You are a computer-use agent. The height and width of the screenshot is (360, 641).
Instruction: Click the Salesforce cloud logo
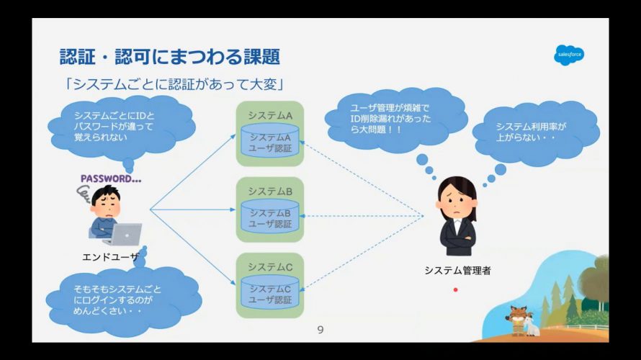pyautogui.click(x=569, y=55)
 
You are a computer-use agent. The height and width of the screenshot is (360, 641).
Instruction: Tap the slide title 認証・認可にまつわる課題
pyautogui.click(x=170, y=56)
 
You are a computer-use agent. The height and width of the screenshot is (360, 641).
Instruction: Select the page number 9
pyautogui.click(x=320, y=330)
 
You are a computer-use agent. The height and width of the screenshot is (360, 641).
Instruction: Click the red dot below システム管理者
pyautogui.click(x=455, y=289)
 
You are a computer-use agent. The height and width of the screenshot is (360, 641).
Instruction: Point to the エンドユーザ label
pyautogui.click(x=110, y=257)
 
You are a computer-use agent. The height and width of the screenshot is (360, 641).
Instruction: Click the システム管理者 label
pyautogui.click(x=457, y=271)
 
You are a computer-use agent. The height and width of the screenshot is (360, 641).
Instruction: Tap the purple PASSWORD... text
pyautogui.click(x=111, y=179)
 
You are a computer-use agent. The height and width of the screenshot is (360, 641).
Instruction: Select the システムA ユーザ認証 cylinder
pyautogui.click(x=270, y=140)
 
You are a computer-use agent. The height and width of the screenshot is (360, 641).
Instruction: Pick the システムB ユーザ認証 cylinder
pyautogui.click(x=270, y=216)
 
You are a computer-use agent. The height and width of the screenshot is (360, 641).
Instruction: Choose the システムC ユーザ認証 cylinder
pyautogui.click(x=270, y=292)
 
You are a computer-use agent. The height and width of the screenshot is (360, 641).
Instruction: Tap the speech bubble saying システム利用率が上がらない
pyautogui.click(x=536, y=132)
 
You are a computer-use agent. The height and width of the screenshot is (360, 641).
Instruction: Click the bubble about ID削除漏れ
pyautogui.click(x=395, y=120)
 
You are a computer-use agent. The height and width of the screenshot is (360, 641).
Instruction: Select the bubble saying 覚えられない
pyautogui.click(x=122, y=127)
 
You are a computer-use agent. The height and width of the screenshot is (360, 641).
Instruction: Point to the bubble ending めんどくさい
pyautogui.click(x=123, y=301)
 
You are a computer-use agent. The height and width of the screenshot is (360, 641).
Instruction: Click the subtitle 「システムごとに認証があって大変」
pyautogui.click(x=174, y=84)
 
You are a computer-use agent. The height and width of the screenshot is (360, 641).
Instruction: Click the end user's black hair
pyautogui.click(x=105, y=194)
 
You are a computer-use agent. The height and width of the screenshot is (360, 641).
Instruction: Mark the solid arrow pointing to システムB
pyautogui.click(x=192, y=210)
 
